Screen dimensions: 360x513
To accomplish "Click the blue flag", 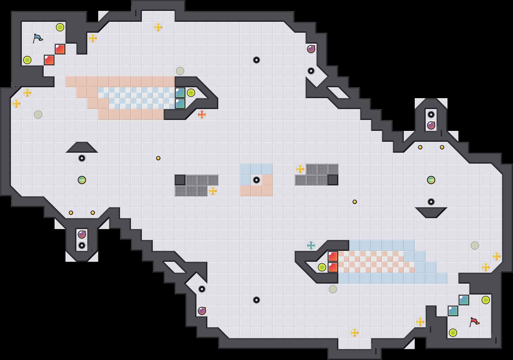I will (x=38, y=38).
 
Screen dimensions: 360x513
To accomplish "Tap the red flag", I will (x=474, y=322).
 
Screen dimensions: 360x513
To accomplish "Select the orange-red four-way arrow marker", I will (x=202, y=115).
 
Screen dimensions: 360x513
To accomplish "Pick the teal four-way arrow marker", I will (x=311, y=245).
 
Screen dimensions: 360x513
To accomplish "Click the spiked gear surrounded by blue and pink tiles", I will (x=256, y=180).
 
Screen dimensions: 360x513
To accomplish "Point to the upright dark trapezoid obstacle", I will (x=82, y=148).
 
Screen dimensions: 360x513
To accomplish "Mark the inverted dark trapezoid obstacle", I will (x=431, y=212).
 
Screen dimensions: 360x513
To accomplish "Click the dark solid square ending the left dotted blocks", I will (x=180, y=180).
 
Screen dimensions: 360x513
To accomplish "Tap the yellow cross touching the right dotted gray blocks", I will (x=300, y=169).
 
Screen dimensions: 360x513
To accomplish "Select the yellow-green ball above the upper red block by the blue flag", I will (x=60, y=27).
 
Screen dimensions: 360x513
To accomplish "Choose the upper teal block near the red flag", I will (x=464, y=300).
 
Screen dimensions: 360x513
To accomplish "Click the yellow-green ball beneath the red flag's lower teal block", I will (x=453, y=333).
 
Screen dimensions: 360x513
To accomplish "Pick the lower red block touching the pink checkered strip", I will (x=333, y=267).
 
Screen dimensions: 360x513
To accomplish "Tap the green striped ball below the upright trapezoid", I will (x=82, y=180).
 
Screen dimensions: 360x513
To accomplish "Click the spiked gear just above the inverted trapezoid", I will (x=431, y=202).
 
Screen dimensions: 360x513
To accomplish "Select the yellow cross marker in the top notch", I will (x=158, y=27).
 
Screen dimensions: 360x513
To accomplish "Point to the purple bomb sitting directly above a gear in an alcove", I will (x=82, y=235).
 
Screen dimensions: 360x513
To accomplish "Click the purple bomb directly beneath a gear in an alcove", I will (x=431, y=125).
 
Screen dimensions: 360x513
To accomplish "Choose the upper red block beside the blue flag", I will (x=60, y=49).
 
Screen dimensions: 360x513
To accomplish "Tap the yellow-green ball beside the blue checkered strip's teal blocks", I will (x=191, y=93).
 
